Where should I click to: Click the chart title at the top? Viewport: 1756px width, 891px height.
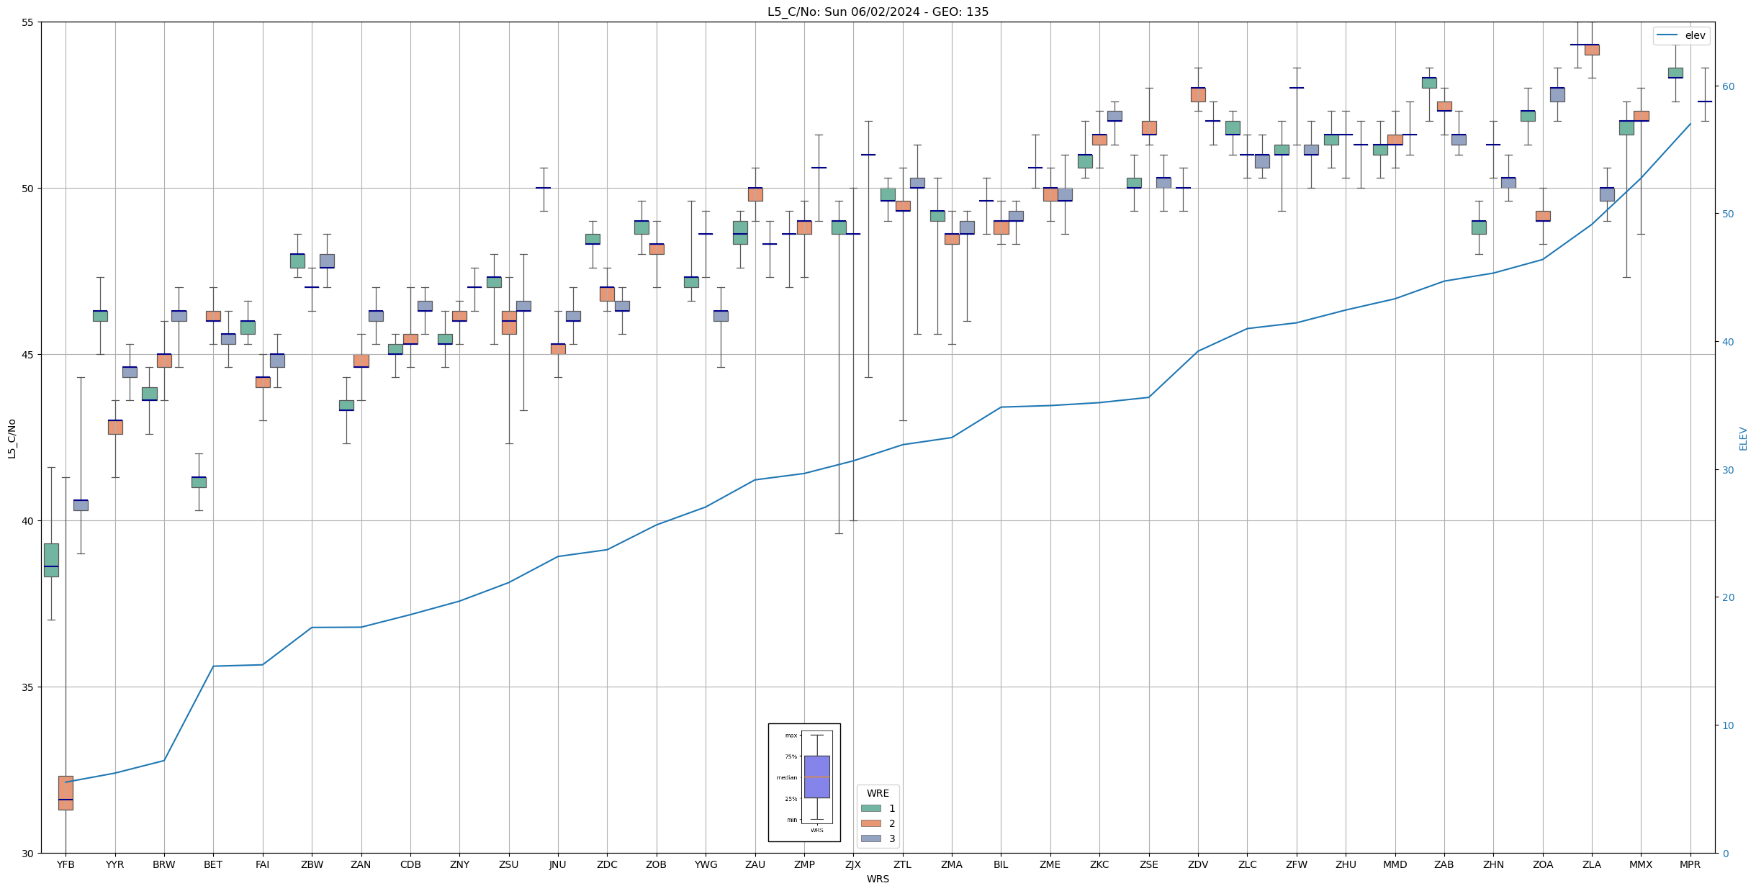pos(878,12)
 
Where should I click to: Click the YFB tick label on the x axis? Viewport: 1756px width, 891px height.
pos(66,864)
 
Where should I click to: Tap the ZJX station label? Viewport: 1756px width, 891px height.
pos(853,864)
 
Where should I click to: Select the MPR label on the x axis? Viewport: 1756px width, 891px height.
pos(1690,864)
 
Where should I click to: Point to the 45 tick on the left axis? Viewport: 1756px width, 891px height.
pos(28,355)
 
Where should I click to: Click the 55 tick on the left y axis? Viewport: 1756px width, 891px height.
pos(28,22)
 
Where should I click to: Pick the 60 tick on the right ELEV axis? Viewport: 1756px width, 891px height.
pos(1727,86)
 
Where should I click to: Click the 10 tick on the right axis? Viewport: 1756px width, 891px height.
pos(1727,725)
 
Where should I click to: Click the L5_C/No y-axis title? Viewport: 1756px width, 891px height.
pos(12,438)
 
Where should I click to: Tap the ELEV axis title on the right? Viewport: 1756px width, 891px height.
pos(1743,438)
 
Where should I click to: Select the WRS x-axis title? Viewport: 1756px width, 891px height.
pos(878,879)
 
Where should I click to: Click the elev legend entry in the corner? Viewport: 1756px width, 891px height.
pos(1681,35)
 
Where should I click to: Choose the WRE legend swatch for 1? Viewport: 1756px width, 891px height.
pos(871,808)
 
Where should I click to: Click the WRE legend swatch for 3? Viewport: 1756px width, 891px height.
pos(871,838)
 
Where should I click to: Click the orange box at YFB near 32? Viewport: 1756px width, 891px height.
pos(66,792)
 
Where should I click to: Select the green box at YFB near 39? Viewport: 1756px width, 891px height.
pos(51,559)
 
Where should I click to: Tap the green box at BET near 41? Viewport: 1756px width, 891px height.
pos(199,481)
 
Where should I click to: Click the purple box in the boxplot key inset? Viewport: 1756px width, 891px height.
pos(816,777)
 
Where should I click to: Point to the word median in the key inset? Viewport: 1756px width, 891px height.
pos(786,777)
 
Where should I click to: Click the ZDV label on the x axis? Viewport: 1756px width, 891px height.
pos(1198,864)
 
